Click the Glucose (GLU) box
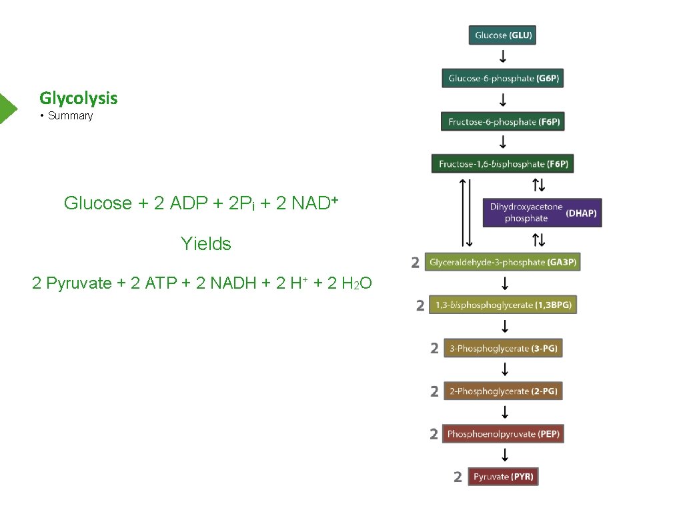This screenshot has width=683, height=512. (503, 35)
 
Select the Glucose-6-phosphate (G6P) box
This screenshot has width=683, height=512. (503, 79)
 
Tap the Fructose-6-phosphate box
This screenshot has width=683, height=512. (502, 122)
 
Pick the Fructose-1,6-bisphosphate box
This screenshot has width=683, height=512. (502, 164)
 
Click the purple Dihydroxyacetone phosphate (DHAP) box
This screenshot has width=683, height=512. (542, 213)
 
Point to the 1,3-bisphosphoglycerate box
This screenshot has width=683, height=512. (502, 305)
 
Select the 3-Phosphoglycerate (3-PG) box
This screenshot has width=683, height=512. (502, 348)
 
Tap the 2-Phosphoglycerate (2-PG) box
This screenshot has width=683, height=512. (503, 391)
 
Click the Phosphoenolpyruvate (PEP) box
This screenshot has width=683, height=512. (503, 434)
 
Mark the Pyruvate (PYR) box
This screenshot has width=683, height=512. (503, 477)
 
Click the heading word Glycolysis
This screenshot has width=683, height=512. (79, 98)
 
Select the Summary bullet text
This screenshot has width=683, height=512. (70, 116)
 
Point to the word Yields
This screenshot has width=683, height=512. (205, 244)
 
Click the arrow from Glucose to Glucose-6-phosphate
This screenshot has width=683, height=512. (503, 57)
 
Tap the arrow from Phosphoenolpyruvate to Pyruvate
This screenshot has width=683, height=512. (505, 455)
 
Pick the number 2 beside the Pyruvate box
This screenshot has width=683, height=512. (458, 477)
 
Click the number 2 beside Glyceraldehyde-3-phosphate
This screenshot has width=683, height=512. (415, 263)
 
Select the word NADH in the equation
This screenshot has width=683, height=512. (233, 283)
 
